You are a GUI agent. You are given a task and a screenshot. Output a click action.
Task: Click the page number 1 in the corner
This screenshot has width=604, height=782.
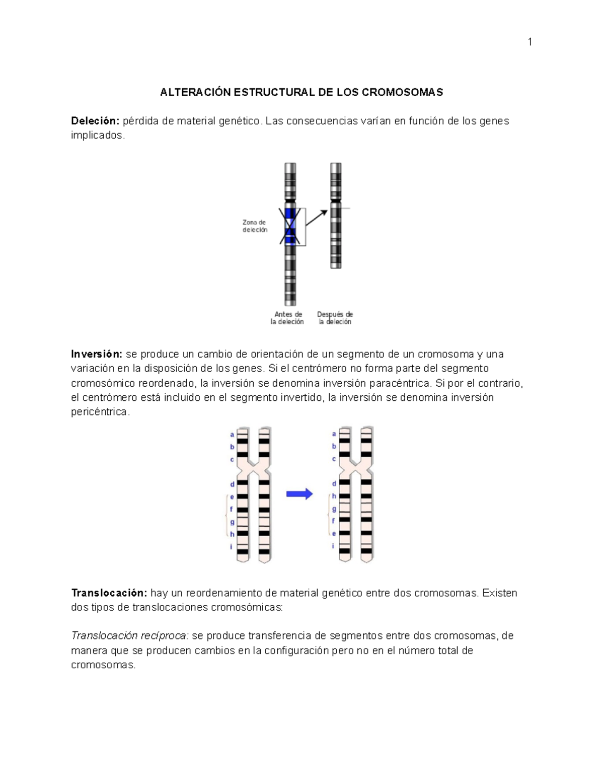pyautogui.click(x=530, y=42)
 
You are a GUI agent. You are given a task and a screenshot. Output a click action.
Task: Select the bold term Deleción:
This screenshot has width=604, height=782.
pyautogui.click(x=95, y=121)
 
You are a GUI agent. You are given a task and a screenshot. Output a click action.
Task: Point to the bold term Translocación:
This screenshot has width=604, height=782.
pyautogui.click(x=109, y=593)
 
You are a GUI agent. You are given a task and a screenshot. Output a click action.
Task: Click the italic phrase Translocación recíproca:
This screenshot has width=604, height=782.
pyautogui.click(x=130, y=635)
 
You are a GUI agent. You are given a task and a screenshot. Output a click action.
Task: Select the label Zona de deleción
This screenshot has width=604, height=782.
pyautogui.click(x=255, y=226)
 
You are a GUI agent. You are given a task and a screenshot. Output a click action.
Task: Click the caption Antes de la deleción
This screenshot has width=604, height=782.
pyautogui.click(x=287, y=318)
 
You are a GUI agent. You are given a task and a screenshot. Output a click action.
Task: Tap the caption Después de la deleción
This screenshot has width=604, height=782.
pyautogui.click(x=335, y=318)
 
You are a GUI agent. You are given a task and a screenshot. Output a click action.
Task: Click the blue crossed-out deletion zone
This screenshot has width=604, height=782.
pyautogui.click(x=290, y=226)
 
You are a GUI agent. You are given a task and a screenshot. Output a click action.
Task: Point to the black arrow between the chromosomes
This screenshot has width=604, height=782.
pyautogui.click(x=317, y=218)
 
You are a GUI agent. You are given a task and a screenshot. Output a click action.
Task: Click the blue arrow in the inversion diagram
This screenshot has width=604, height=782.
pyautogui.click(x=299, y=494)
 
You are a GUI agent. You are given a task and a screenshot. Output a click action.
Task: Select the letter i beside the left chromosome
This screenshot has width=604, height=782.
pyautogui.click(x=231, y=546)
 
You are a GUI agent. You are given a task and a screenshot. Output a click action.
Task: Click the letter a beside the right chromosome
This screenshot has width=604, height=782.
pyautogui.click(x=334, y=434)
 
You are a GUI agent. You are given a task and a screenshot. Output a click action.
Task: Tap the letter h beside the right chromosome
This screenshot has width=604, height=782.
pyautogui.click(x=334, y=496)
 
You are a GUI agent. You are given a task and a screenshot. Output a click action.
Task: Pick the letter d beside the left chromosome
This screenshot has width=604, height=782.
pyautogui.click(x=232, y=484)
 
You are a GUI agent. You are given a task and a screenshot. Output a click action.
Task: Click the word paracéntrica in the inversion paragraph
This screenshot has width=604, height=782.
pyautogui.click(x=400, y=383)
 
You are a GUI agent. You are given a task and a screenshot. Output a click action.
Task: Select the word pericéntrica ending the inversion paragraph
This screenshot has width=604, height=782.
pyautogui.click(x=100, y=412)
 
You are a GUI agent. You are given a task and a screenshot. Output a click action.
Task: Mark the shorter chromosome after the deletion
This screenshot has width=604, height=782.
pyautogui.click(x=336, y=216)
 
